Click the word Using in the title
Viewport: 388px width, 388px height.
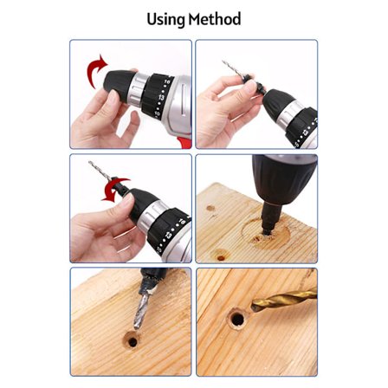165,20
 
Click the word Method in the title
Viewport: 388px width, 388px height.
215,19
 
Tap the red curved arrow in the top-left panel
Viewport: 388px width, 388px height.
96,70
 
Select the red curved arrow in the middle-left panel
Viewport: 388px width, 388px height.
114,190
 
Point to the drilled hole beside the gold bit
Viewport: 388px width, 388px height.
237,319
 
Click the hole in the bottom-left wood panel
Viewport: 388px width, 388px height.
133,341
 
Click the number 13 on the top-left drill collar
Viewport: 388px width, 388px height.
161,97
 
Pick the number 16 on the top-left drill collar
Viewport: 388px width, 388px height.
167,81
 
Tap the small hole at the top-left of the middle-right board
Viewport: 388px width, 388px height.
210,208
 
